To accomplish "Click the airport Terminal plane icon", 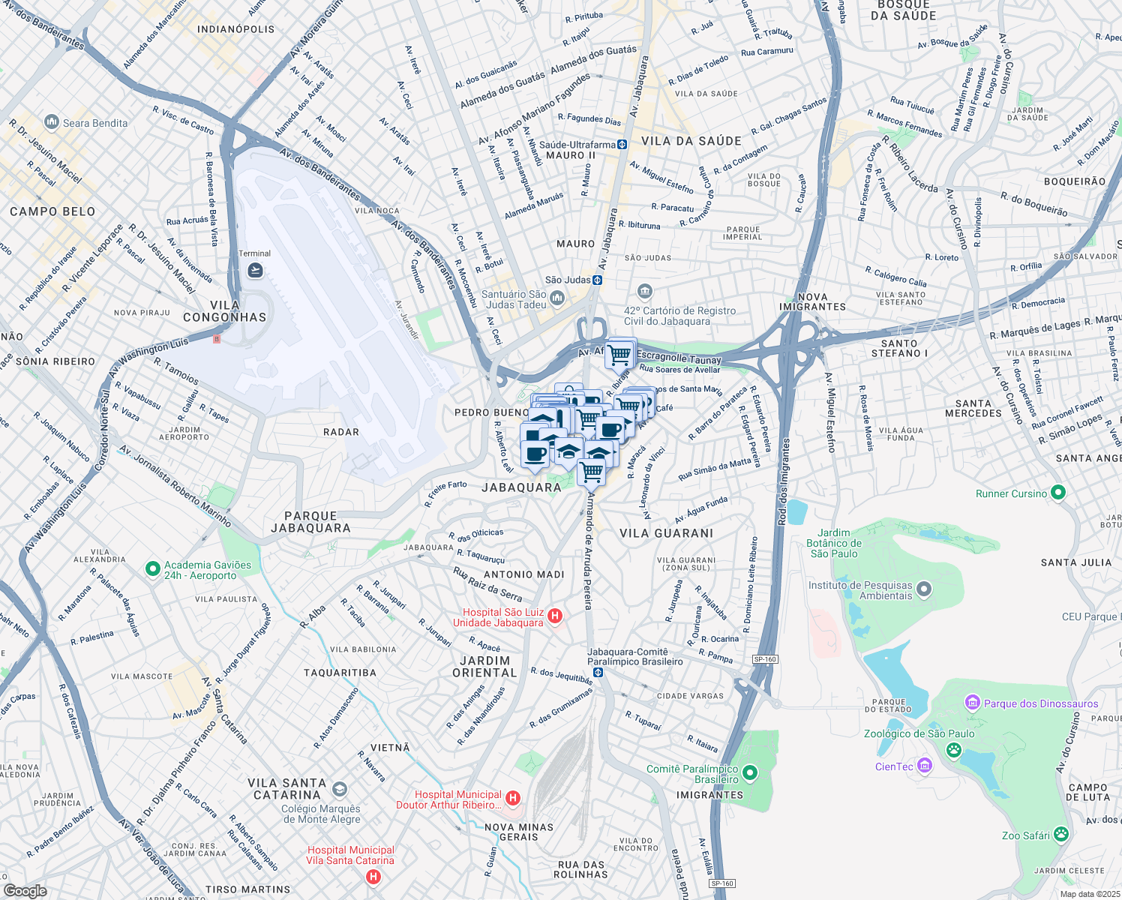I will click(255, 270).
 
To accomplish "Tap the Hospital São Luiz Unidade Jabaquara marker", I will click(555, 616).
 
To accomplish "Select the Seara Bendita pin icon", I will click(52, 121).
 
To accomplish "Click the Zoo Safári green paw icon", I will click(1060, 834).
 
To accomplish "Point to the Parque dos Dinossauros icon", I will click(973, 703).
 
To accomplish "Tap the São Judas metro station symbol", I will click(597, 280).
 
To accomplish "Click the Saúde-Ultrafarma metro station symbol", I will click(622, 145).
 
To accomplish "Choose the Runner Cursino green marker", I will click(1057, 493).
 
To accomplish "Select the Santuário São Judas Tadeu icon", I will click(557, 299).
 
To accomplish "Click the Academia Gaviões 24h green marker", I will click(152, 569).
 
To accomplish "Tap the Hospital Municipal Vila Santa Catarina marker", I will click(373, 876).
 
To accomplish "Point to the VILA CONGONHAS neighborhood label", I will click(225, 311).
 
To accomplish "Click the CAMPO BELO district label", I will click(52, 211).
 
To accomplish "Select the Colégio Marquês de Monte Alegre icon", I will click(339, 789).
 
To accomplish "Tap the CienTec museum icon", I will click(925, 766).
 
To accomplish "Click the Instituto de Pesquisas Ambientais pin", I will click(924, 589).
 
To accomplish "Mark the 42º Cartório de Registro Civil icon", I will click(644, 292).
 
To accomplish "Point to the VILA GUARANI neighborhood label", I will click(666, 533).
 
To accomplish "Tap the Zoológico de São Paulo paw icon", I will click(953, 749).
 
